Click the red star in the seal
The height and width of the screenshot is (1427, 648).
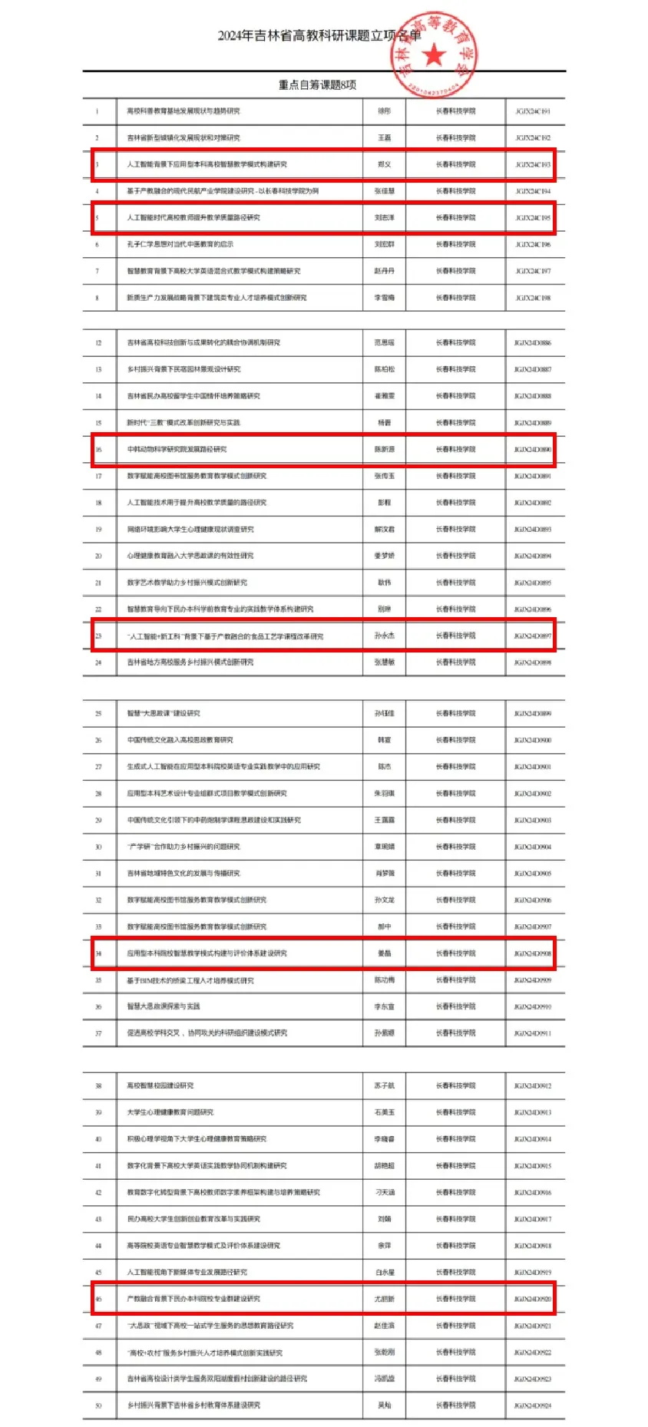click(435, 55)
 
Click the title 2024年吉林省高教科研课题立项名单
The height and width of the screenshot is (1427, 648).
click(319, 35)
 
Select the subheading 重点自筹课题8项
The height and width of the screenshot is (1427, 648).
click(317, 84)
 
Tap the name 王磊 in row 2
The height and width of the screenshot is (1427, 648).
click(384, 138)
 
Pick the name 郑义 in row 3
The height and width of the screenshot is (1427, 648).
click(384, 164)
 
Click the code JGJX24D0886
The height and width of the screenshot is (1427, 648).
click(532, 343)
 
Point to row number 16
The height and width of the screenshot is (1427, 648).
click(98, 450)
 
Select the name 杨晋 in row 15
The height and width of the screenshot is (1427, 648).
click(384, 423)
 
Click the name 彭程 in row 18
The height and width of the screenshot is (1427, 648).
click(384, 503)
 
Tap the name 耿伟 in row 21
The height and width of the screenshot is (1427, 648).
click(384, 583)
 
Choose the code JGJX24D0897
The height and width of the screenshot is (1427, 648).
click(532, 636)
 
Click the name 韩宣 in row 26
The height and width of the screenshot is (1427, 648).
click(384, 741)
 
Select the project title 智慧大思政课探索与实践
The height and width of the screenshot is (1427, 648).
click(164, 1006)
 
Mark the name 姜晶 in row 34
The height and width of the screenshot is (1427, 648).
click(384, 953)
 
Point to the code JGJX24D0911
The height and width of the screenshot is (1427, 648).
click(532, 1033)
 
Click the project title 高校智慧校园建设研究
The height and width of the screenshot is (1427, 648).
click(160, 1086)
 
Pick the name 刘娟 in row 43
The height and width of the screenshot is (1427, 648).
click(384, 1219)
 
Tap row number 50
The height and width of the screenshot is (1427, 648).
click(98, 1406)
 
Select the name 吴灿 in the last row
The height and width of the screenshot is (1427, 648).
click(384, 1406)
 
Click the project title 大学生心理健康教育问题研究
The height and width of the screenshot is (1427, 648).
click(170, 1112)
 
